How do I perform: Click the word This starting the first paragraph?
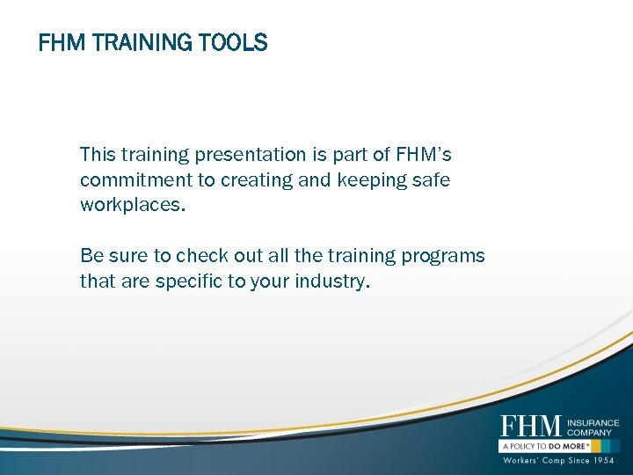98,156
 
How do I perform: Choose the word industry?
337,282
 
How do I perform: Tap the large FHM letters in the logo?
531,427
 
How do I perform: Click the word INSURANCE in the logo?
593,422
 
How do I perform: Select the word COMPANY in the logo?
590,432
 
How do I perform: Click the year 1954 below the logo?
604,460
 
